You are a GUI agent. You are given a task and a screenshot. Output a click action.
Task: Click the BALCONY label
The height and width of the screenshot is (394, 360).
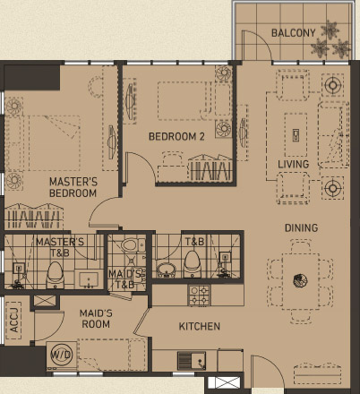click(x=293, y=33)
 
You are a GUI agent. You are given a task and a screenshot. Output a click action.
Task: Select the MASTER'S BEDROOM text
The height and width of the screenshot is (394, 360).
click(x=73, y=187)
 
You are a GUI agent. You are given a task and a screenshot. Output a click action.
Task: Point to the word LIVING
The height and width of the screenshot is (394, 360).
click(x=293, y=165)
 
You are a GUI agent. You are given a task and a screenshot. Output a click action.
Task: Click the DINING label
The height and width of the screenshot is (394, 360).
click(x=301, y=228)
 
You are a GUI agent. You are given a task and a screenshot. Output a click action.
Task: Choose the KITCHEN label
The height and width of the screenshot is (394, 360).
click(x=199, y=327)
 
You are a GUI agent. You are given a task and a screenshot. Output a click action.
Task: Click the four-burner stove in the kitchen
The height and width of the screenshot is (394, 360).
click(x=198, y=293)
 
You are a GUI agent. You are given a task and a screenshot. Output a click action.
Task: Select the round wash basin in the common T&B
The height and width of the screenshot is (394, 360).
click(x=166, y=270)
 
